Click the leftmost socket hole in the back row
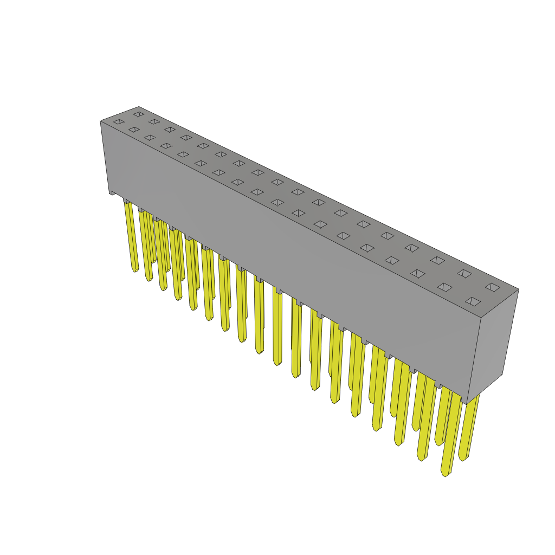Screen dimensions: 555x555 point(139,114)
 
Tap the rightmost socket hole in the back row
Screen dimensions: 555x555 point(493,287)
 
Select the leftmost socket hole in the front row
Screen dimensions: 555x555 point(119,122)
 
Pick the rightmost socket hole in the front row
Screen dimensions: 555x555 point(473,301)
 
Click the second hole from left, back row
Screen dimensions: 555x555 point(154,122)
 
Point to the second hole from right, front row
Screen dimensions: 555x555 point(445,287)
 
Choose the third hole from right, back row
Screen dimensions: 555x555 point(437,260)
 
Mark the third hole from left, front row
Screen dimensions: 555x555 point(150,138)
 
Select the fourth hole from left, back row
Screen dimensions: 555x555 point(186,138)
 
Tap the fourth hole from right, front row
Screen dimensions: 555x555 point(392,260)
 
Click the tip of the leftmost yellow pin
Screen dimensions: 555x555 point(134,269)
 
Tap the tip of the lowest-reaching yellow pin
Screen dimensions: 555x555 point(446,474)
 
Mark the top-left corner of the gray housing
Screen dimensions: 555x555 point(101,121)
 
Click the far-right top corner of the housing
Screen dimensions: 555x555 point(518,289)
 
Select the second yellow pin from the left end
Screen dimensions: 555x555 point(146,244)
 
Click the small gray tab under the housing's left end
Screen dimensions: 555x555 point(113,192)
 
